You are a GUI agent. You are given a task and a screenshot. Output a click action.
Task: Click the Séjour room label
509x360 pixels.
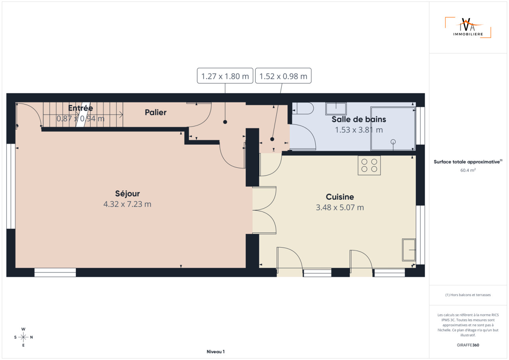(127, 194)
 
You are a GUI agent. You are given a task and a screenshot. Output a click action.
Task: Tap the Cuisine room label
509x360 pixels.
(340, 197)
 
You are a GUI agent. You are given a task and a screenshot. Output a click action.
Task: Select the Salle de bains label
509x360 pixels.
(359, 119)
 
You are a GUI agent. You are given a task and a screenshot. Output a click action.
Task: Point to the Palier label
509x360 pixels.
(155, 112)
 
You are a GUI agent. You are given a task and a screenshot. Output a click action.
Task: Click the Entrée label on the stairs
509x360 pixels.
(80, 108)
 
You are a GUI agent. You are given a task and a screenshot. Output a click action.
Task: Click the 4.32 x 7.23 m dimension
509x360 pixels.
(127, 204)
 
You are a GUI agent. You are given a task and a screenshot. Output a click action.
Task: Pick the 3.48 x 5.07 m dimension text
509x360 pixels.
(340, 207)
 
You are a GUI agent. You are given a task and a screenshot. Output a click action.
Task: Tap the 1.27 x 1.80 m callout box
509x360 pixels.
(225, 76)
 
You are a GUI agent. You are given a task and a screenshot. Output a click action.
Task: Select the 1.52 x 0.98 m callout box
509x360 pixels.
(283, 76)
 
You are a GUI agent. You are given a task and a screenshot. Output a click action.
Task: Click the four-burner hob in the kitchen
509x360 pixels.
(369, 165)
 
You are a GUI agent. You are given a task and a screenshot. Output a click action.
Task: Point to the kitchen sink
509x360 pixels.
(409, 250)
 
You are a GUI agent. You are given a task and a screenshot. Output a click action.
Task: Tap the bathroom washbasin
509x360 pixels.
(336, 108)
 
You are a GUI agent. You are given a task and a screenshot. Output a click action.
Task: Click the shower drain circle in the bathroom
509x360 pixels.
(393, 142)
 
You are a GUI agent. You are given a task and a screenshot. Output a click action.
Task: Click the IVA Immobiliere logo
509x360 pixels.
(468, 27)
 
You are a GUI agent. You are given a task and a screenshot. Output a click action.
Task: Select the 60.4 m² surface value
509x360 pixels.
(468, 170)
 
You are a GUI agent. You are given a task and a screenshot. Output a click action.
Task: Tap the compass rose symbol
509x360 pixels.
(23, 337)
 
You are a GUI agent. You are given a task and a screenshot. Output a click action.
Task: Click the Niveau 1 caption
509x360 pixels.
(216, 352)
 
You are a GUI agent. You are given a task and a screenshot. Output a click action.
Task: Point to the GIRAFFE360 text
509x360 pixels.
(468, 345)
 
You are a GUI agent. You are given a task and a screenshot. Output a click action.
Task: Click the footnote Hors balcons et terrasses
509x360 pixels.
(468, 295)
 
